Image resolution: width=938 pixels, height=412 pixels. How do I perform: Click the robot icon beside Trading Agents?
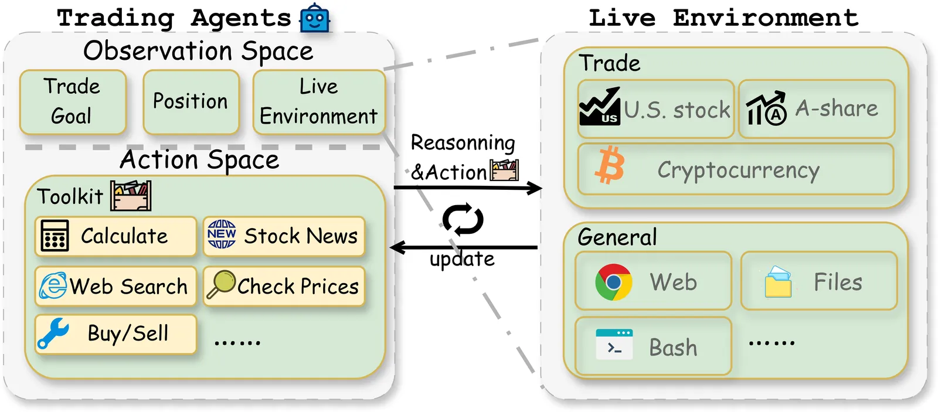coord(315,18)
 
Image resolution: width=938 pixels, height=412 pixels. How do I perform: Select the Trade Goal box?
coord(73,101)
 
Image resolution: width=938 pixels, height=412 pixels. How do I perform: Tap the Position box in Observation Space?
coord(191,101)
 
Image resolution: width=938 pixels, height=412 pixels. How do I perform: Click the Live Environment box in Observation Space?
coord(318,101)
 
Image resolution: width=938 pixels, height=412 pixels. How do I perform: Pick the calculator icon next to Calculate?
coord(55,236)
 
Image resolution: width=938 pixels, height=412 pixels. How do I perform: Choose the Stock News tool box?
coord(284,236)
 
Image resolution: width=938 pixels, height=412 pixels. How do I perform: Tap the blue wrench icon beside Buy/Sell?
coord(53,334)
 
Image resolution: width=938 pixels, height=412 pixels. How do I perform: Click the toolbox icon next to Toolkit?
coord(131,196)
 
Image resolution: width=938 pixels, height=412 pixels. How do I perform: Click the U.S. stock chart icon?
coord(599,107)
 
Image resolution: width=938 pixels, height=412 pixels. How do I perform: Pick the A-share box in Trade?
coord(817,109)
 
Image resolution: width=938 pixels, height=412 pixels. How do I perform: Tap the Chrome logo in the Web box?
coord(613,282)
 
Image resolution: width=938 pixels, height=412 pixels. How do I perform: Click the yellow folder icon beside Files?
coord(779,282)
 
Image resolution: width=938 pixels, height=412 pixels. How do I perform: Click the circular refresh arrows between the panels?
coord(463,220)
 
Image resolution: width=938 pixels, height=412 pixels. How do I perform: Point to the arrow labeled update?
coord(463,248)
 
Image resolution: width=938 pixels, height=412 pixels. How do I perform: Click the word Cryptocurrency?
coord(738,171)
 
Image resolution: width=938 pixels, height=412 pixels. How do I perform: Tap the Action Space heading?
coord(199,159)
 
